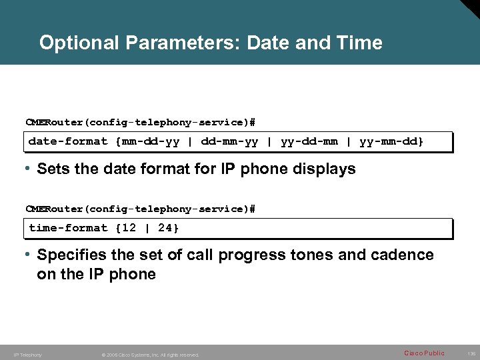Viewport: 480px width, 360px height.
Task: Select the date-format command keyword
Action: (x=67, y=141)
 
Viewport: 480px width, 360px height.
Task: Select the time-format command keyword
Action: (x=67, y=228)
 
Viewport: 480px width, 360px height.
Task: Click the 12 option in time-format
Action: (x=129, y=228)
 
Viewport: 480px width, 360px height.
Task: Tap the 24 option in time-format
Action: (x=165, y=228)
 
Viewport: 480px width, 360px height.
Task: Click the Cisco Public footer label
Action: (x=424, y=353)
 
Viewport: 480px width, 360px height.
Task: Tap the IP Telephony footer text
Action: (x=27, y=355)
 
